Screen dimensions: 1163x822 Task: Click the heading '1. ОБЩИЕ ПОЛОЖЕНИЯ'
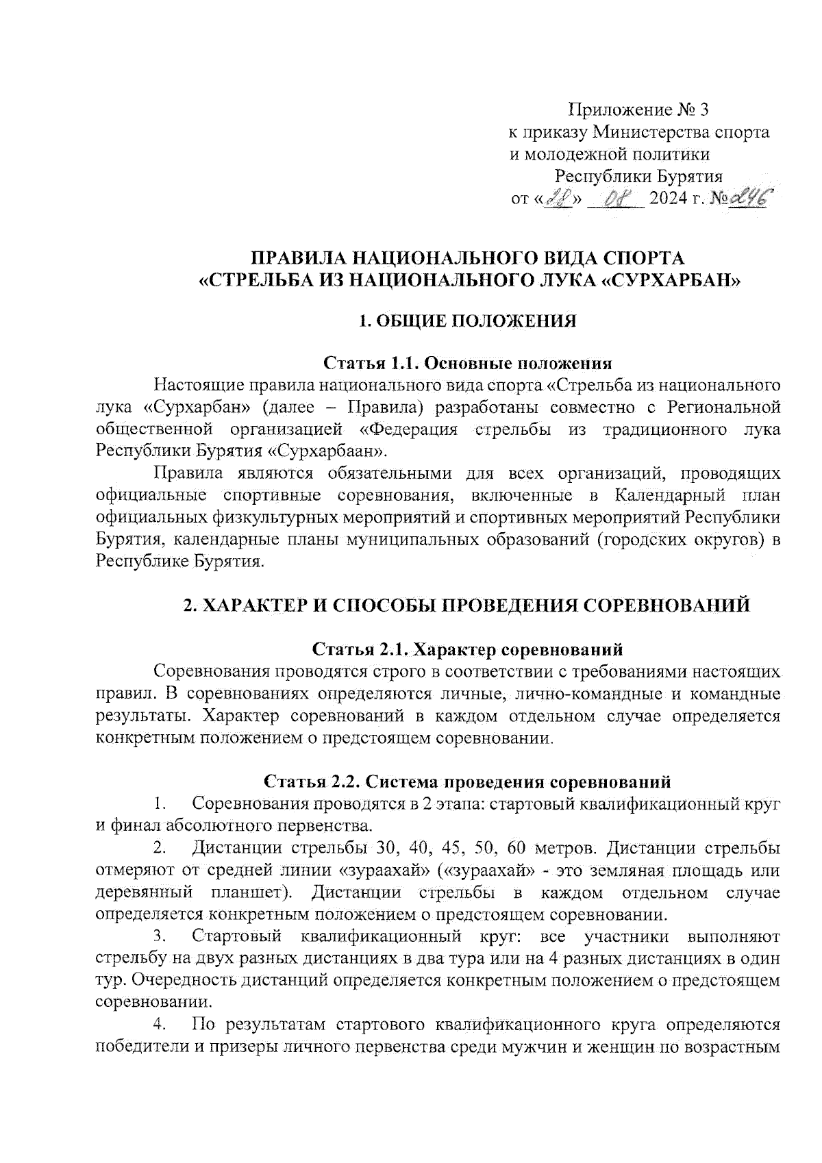(x=468, y=321)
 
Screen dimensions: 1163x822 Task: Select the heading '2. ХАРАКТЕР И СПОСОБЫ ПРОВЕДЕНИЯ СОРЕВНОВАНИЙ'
(x=467, y=605)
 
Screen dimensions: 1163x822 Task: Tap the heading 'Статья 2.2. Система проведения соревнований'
(x=467, y=781)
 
